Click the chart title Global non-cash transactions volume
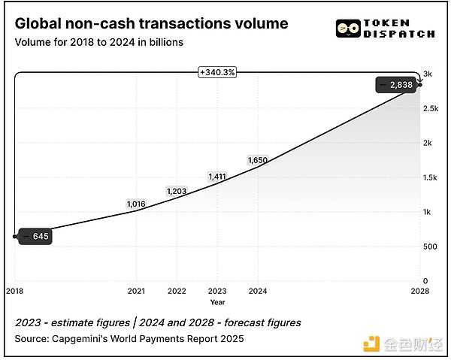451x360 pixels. tap(151, 23)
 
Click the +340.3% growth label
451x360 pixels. tap(216, 72)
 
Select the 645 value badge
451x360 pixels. tap(35, 236)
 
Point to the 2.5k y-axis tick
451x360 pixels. tap(429, 109)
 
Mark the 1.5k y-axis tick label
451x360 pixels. tap(429, 177)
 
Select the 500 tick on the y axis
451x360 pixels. tap(428, 247)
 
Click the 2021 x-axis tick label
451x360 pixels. tap(136, 291)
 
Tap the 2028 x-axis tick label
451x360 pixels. tap(421, 291)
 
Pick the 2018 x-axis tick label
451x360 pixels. tap(14, 291)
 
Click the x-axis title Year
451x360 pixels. tap(217, 302)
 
